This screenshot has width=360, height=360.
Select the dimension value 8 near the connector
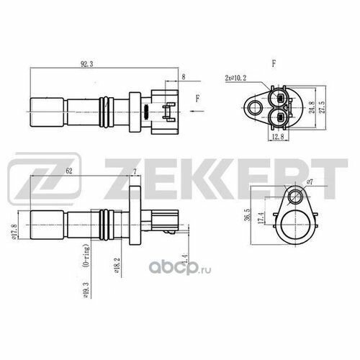[x=184, y=74]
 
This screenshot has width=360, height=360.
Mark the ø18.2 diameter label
[x=117, y=266]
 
